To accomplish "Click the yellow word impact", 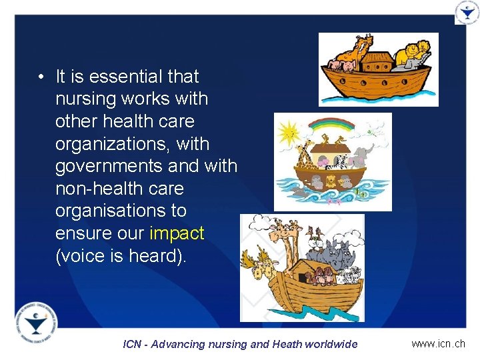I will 177,233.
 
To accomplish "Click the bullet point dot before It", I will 41,77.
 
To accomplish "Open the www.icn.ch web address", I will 438,344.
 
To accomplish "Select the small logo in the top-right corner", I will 466,13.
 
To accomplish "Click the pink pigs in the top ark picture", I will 339,65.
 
